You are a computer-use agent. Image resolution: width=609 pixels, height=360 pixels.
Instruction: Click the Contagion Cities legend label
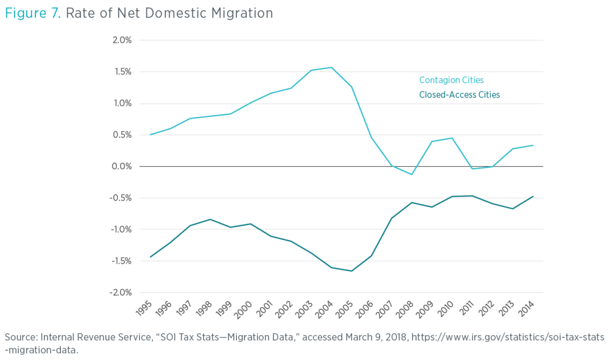click(451, 80)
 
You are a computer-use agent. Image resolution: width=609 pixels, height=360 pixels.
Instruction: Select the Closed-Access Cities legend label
click(459, 94)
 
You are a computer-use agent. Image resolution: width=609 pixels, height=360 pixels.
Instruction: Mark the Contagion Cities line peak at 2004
click(331, 67)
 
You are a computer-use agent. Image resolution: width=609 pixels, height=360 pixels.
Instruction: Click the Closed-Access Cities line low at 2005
click(351, 271)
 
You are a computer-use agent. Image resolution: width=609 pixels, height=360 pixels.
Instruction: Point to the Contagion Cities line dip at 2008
click(412, 175)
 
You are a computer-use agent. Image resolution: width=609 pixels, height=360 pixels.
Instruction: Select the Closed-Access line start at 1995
click(149, 257)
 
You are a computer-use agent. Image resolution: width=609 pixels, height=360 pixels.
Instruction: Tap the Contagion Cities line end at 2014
click(533, 145)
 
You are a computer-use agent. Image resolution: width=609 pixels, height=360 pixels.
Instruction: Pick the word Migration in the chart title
click(241, 13)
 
